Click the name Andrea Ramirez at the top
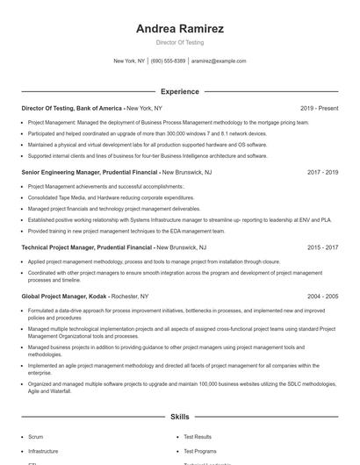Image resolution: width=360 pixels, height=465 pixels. pos(179,29)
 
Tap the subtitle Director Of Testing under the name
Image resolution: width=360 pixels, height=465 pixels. pos(179,42)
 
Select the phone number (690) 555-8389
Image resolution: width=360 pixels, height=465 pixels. pos(169,61)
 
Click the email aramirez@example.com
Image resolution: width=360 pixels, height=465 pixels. pos(219,61)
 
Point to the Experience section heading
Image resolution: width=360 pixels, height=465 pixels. pos(179,91)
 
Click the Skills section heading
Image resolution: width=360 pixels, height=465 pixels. pos(179,418)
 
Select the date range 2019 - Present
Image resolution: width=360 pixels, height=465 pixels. pos(319,108)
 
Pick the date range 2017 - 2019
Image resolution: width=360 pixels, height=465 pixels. pos(322,173)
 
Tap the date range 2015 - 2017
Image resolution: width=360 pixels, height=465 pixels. pos(322,248)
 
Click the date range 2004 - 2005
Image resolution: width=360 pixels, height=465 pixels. pos(322,297)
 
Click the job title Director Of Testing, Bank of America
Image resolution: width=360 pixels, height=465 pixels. pos(72,108)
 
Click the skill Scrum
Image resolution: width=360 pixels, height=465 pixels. pos(35,436)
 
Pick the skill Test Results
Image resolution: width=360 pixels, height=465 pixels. pos(197,436)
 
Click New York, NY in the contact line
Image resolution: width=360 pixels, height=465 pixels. pos(130,61)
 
